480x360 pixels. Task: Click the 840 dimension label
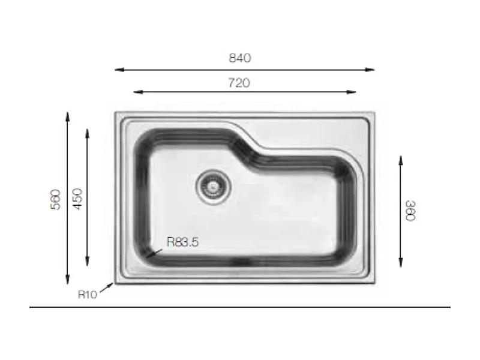point(239,58)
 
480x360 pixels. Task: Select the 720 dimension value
point(239,83)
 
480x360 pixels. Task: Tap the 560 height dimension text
point(56,199)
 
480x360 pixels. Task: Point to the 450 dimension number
point(77,199)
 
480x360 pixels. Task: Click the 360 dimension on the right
point(410,211)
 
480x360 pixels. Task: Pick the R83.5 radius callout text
point(182,243)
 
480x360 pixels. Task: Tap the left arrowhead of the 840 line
point(116,70)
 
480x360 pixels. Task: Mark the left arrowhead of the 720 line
point(135,92)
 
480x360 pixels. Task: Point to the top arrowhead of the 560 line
point(68,113)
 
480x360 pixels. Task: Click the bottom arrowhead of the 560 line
point(68,283)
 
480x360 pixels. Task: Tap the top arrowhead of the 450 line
point(88,131)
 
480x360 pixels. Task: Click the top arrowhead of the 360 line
point(400,158)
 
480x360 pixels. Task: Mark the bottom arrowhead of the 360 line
point(400,265)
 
